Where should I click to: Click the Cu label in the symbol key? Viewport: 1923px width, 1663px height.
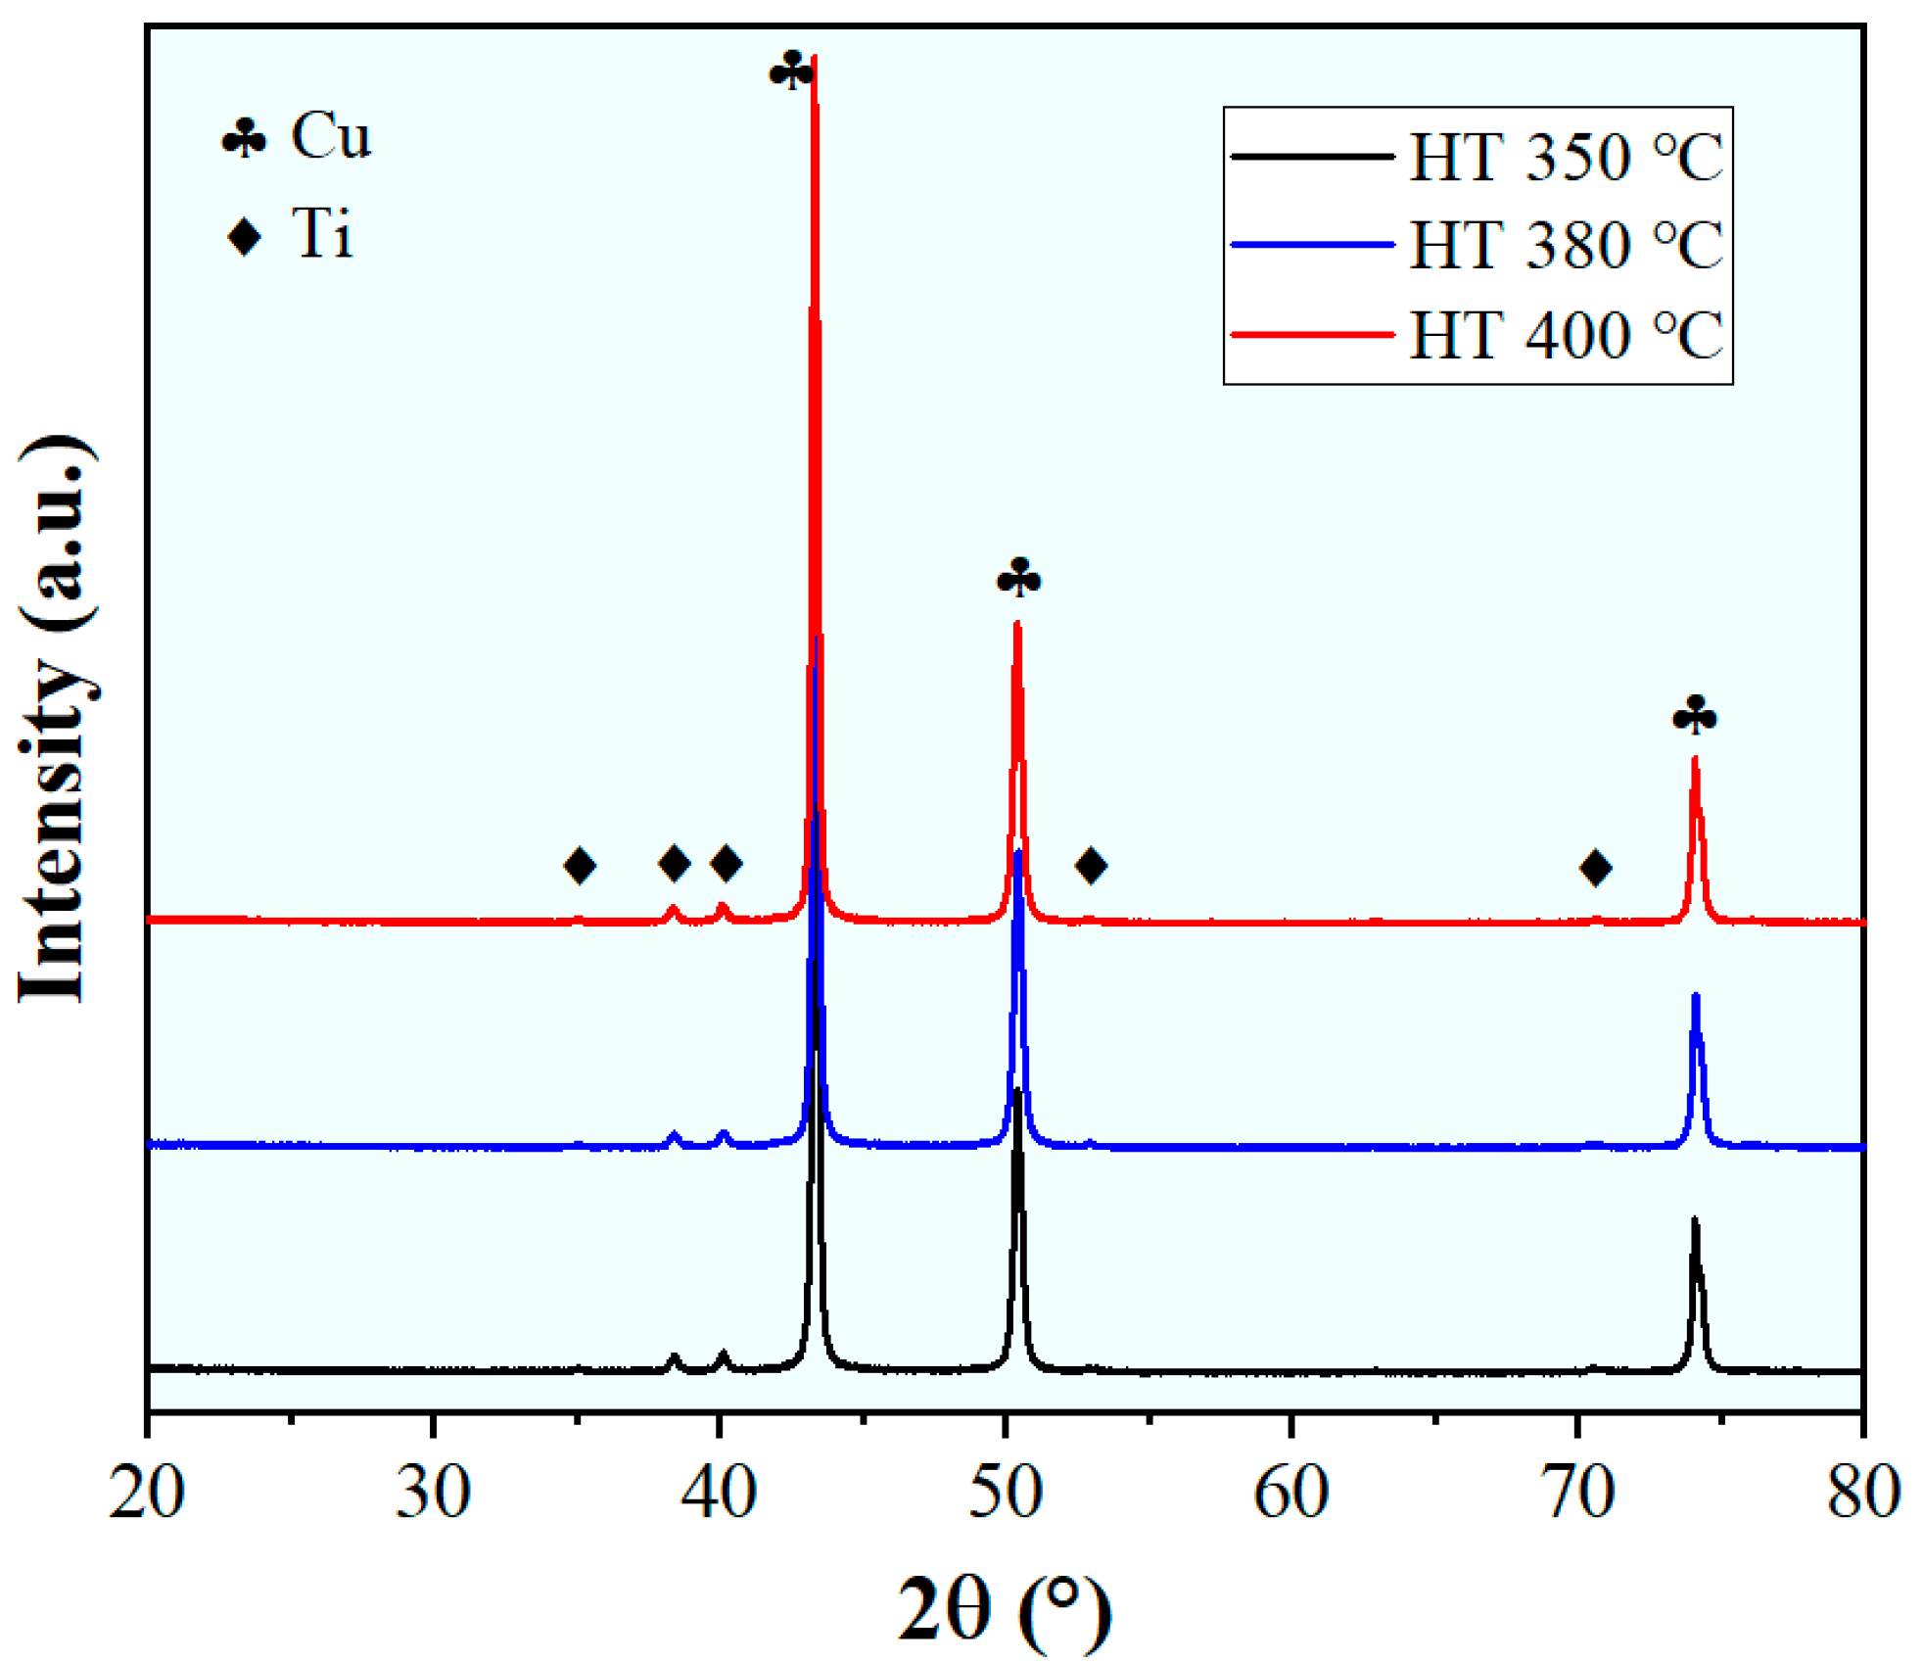(331, 136)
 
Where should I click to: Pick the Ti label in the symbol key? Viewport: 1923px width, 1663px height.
(321, 235)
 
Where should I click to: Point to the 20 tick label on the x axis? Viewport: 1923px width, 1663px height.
(147, 1493)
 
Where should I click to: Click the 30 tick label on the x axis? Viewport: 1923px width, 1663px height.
(433, 1493)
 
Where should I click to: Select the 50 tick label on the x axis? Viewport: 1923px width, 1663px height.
(1006, 1493)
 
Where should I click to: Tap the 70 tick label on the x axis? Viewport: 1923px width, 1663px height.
(1577, 1493)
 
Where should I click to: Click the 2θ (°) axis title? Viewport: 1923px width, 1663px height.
(1005, 1608)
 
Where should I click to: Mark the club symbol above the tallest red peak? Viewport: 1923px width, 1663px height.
(791, 71)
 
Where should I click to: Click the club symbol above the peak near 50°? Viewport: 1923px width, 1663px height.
(1018, 578)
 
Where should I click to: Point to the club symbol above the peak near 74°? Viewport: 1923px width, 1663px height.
(1695, 716)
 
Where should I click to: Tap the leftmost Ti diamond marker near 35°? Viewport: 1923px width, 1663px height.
(580, 866)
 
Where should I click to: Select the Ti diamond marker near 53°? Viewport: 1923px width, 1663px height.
(1091, 866)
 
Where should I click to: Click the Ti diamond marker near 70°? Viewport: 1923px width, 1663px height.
(1596, 868)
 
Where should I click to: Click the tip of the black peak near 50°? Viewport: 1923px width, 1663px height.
(1018, 1090)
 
